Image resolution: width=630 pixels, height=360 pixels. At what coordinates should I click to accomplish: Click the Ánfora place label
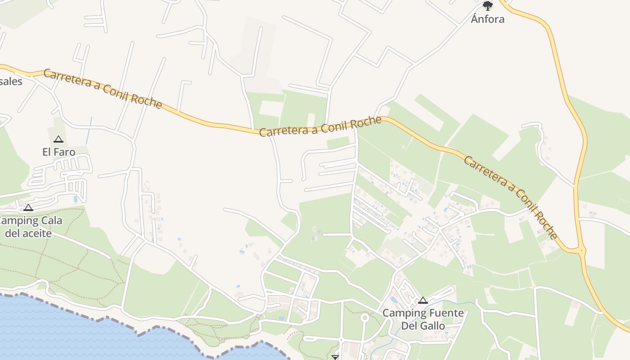pos(487,19)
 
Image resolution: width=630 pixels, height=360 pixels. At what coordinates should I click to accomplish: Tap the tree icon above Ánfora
pos(487,6)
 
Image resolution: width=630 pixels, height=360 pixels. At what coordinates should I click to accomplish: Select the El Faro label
pos(58,152)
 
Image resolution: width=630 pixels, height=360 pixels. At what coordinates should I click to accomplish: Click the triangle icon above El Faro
pos(58,139)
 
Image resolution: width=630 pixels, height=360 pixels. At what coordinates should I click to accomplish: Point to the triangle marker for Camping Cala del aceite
pos(28,207)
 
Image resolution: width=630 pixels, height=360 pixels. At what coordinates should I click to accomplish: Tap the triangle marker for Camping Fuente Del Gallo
pos(423,300)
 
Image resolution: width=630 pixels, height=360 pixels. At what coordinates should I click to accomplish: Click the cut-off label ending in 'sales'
pos(11,81)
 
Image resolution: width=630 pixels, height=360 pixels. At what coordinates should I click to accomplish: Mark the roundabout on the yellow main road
pos(581,250)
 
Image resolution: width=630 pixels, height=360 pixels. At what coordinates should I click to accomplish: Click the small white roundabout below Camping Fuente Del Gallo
pos(365,318)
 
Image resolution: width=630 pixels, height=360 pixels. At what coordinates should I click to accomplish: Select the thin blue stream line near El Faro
pos(89,130)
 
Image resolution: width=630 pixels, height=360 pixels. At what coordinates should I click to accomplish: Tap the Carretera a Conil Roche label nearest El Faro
pos(103,89)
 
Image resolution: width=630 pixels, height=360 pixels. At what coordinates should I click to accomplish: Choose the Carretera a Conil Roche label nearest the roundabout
pos(510,197)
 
